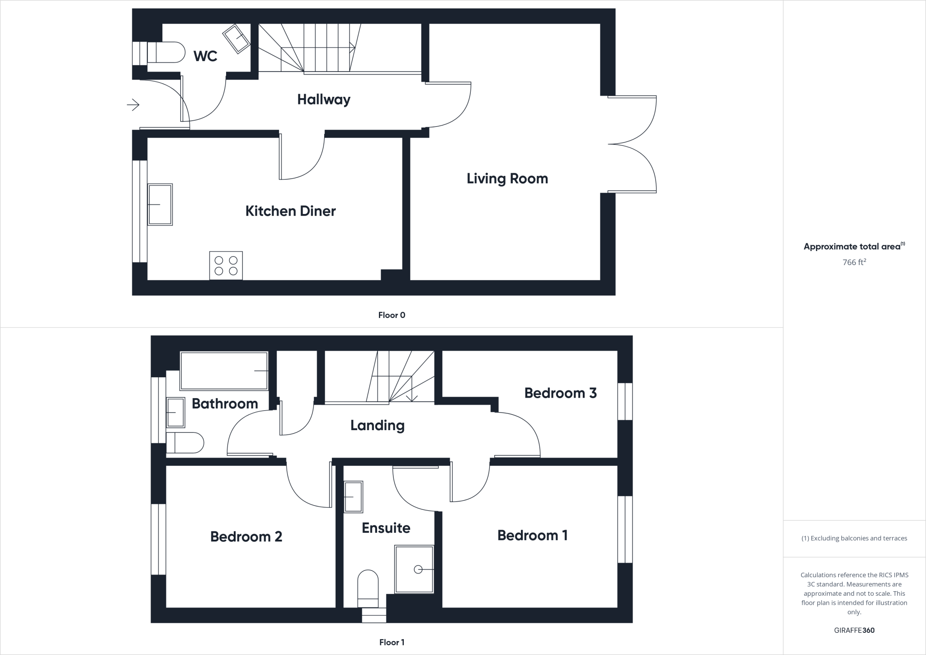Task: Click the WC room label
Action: click(205, 56)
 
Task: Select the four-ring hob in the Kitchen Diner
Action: click(226, 266)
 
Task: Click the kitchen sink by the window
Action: click(160, 204)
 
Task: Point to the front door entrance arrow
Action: click(133, 105)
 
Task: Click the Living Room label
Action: click(507, 179)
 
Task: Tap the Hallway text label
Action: click(324, 100)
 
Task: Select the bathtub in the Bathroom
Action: click(224, 370)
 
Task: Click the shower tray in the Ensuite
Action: click(414, 569)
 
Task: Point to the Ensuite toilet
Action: click(368, 587)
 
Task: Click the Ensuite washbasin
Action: click(354, 497)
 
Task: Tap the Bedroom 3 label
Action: click(560, 393)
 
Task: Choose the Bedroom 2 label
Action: click(246, 536)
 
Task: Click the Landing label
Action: click(377, 425)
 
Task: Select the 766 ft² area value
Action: click(854, 262)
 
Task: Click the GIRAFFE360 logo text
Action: click(854, 630)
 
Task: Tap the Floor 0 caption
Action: click(392, 315)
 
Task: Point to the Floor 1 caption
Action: click(392, 642)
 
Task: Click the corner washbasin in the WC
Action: click(236, 38)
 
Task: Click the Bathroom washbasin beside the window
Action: click(175, 412)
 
